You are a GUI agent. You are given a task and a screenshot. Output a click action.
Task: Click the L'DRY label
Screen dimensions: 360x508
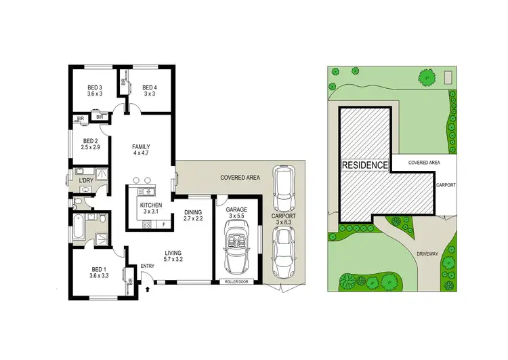[x=86, y=180]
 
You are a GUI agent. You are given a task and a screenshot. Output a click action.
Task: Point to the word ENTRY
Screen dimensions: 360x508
[x=148, y=265]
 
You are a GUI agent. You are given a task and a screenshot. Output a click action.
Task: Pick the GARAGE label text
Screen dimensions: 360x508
[x=237, y=211]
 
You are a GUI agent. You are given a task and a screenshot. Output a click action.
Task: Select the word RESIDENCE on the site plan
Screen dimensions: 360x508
[x=364, y=165]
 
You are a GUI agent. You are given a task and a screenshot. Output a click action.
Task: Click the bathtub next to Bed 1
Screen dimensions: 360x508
[x=77, y=226]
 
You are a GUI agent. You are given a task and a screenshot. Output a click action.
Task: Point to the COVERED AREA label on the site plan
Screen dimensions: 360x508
[x=425, y=163]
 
